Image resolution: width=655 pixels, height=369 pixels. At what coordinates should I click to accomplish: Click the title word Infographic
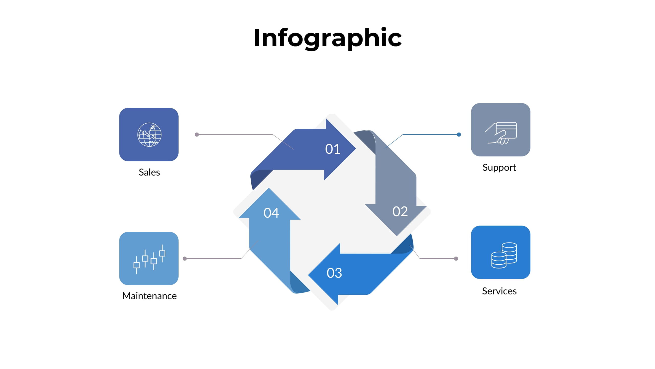327,38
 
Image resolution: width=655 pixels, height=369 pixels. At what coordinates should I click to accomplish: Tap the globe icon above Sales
149,135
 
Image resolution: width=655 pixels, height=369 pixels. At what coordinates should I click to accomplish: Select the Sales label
149,172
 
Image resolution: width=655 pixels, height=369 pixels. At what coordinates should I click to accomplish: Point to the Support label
499,168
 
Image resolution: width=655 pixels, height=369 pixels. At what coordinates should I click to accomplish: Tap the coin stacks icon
504,255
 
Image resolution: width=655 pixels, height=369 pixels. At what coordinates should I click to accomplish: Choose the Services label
499,291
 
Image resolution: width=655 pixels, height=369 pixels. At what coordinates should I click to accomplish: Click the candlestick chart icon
149,259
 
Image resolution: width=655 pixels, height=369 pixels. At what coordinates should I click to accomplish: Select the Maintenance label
149,296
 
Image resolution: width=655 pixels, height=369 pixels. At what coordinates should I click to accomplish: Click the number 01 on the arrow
333,149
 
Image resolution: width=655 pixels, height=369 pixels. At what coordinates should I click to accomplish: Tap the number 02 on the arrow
400,212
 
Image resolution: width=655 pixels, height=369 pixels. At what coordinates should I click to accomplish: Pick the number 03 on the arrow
334,273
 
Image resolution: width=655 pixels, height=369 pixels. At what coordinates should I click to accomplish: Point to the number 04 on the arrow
271,213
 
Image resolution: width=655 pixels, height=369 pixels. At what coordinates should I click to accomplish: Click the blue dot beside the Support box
459,135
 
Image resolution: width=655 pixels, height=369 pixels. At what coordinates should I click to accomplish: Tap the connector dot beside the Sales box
197,135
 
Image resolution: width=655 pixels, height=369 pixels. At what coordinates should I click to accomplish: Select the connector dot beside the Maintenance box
185,259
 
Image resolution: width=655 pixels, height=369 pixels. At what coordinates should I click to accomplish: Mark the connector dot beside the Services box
456,259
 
